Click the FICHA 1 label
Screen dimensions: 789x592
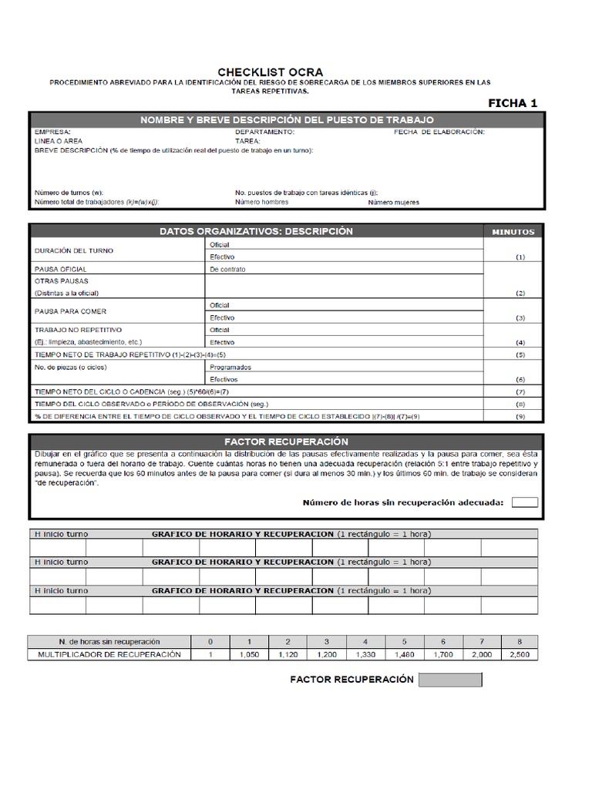513,102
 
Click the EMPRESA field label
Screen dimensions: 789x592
52,132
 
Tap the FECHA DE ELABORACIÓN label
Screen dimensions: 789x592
439,132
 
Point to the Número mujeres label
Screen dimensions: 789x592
393,202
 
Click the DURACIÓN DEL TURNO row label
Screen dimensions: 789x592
74,251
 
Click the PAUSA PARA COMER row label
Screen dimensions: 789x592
71,311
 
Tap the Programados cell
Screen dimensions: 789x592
230,368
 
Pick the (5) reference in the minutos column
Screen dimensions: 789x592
520,354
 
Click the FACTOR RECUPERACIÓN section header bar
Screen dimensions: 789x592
286,442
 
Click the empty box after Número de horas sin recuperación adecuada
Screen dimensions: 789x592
524,502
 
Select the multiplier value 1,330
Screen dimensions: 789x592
365,655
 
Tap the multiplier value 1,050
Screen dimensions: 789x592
249,655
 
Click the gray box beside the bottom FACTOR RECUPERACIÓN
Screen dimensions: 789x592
450,680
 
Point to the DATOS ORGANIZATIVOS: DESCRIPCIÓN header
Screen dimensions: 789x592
256,231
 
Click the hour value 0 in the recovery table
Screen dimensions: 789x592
210,642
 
